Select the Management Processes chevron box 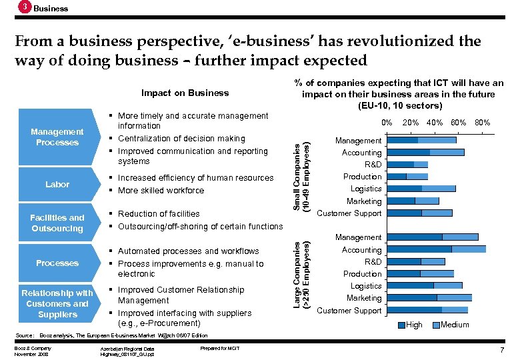pos(57,137)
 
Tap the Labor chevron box pos(57,184)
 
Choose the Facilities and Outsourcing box pos(57,223)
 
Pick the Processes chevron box pos(57,263)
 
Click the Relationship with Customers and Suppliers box pos(57,303)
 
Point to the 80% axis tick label pos(482,123)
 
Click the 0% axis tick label pos(386,123)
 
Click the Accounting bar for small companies pos(425,152)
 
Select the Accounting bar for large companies pos(436,249)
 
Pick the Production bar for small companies pos(407,177)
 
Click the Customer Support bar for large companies pos(427,310)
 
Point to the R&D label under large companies pos(372,262)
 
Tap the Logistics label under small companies pos(365,189)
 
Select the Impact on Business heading pos(185,93)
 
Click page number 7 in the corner pos(501,350)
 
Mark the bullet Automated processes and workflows pos(188,251)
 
